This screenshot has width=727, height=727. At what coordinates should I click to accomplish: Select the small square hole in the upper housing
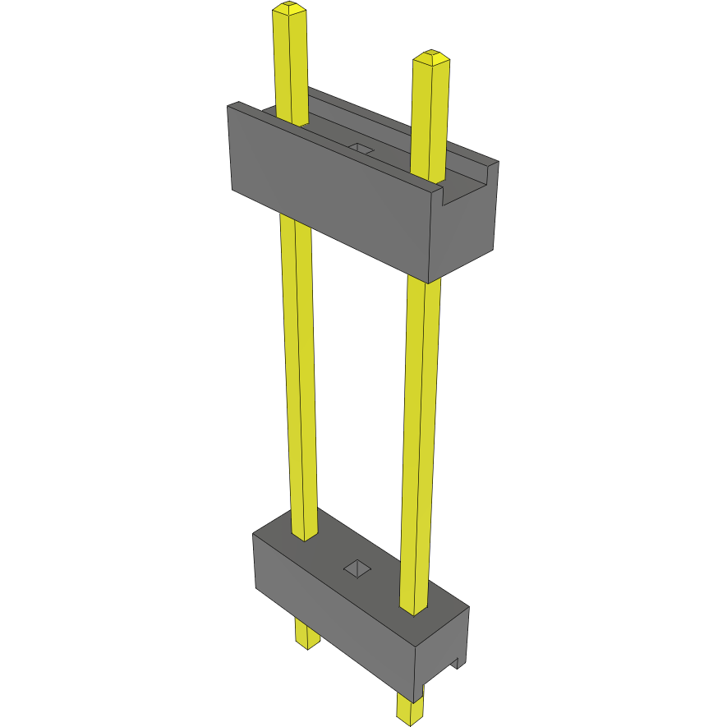coord(361,148)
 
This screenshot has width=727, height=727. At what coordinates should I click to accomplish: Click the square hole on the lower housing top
coord(357,567)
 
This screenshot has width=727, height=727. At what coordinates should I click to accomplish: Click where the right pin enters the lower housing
coord(413,608)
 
